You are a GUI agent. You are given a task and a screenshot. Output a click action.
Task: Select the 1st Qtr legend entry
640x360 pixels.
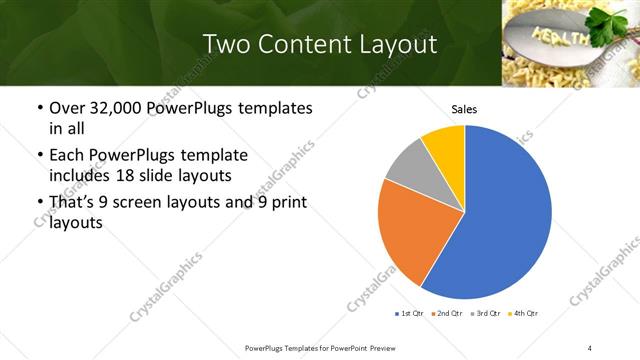pyautogui.click(x=411, y=314)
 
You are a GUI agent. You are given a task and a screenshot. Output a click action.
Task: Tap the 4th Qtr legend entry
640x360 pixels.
pyautogui.click(x=525, y=314)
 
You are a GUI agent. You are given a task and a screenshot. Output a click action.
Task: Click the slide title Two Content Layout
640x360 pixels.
pyautogui.click(x=319, y=44)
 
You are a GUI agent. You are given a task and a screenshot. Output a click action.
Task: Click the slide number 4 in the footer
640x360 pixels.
pyautogui.click(x=590, y=347)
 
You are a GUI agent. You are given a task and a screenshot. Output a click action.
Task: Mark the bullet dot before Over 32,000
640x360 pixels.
pyautogui.click(x=39, y=108)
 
